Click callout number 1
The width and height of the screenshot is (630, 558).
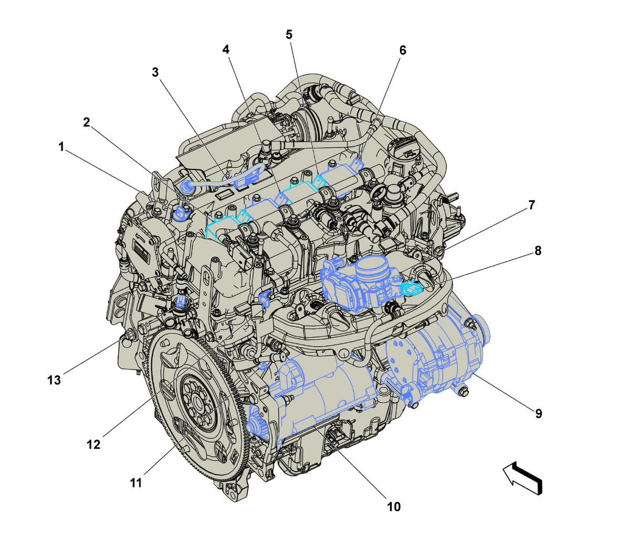click(61, 147)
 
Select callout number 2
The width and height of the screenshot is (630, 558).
click(87, 122)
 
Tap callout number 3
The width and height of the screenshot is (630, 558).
click(155, 72)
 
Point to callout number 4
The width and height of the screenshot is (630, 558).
click(226, 49)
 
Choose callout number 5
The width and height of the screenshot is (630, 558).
click(289, 34)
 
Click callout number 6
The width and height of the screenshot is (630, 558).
click(403, 50)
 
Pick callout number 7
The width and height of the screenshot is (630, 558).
click(532, 205)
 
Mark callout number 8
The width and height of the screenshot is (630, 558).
click(538, 250)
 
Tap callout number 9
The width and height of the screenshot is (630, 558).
click(539, 414)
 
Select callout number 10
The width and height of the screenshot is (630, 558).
click(394, 507)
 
